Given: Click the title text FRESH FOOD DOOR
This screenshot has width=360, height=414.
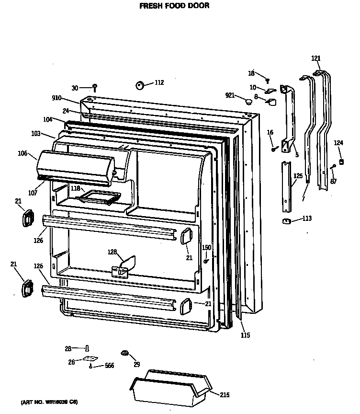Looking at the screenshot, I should click(174, 6).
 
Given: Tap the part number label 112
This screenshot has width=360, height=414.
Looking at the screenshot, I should click(158, 83).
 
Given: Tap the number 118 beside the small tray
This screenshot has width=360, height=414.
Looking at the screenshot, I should click(75, 189).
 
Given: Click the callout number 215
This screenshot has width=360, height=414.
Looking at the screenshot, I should click(225, 395).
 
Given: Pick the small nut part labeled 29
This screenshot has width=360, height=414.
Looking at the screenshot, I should click(125, 354).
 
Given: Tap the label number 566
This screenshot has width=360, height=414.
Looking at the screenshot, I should click(109, 366).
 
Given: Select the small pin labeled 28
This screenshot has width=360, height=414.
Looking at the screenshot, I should click(88, 348).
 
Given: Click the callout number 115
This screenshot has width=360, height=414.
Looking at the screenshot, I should click(245, 335).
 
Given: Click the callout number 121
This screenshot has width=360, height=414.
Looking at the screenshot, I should click(316, 58).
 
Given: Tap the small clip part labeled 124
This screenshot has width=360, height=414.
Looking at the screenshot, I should click(341, 161).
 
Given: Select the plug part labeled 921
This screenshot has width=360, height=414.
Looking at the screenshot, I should click(248, 102).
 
